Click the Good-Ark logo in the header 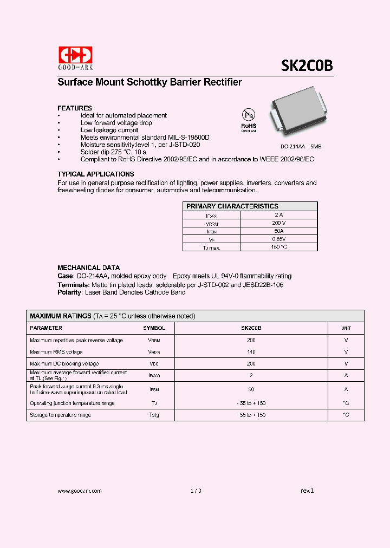75,57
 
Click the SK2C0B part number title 307,66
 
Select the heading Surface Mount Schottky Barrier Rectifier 149,82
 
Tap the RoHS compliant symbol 248,119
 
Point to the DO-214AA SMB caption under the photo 293,147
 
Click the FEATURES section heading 75,108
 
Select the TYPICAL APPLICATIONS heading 96,174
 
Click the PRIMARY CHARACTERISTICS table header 232,206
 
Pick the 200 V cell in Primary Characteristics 278,223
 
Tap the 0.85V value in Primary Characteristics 278,239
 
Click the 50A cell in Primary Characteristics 278,231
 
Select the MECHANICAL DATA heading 89,268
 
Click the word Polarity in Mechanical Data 69,292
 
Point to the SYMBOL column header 154,328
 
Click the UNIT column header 346,328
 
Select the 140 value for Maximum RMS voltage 251,352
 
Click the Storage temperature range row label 60,415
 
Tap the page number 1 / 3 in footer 196,491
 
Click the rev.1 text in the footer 307,491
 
